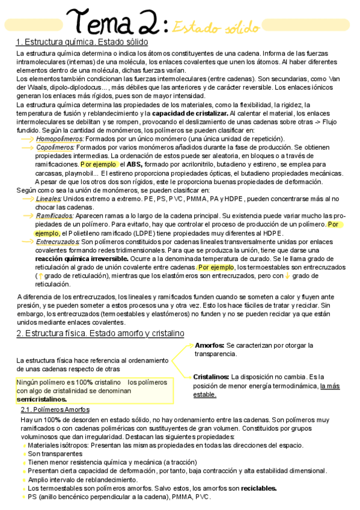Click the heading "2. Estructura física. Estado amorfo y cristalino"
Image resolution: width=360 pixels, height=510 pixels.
[100, 333]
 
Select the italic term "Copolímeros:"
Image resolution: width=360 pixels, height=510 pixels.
[55, 147]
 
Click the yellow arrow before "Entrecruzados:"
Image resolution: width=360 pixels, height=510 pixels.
[27, 241]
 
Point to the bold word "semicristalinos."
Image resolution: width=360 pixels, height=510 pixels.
[41, 399]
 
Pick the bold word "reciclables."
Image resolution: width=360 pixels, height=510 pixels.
[258, 488]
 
